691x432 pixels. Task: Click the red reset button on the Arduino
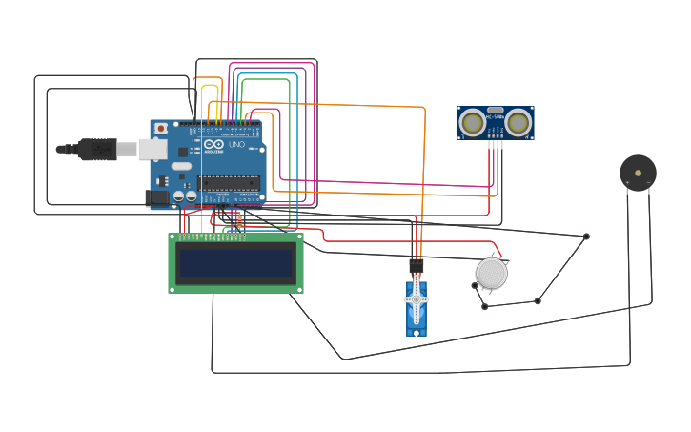point(160,128)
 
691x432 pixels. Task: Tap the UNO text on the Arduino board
point(237,146)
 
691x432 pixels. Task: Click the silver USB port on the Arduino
point(152,149)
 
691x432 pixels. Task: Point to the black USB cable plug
point(96,150)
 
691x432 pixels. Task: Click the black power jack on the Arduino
point(156,197)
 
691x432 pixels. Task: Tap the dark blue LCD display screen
point(236,262)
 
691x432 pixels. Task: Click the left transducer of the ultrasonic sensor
point(472,122)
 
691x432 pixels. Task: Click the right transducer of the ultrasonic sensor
point(518,122)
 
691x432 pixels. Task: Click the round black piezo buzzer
point(638,173)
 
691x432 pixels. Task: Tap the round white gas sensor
point(492,273)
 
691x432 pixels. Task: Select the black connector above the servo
point(416,266)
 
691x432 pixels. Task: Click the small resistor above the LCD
point(238,219)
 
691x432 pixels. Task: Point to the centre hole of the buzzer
point(638,173)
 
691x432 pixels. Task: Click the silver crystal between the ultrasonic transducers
point(495,111)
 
